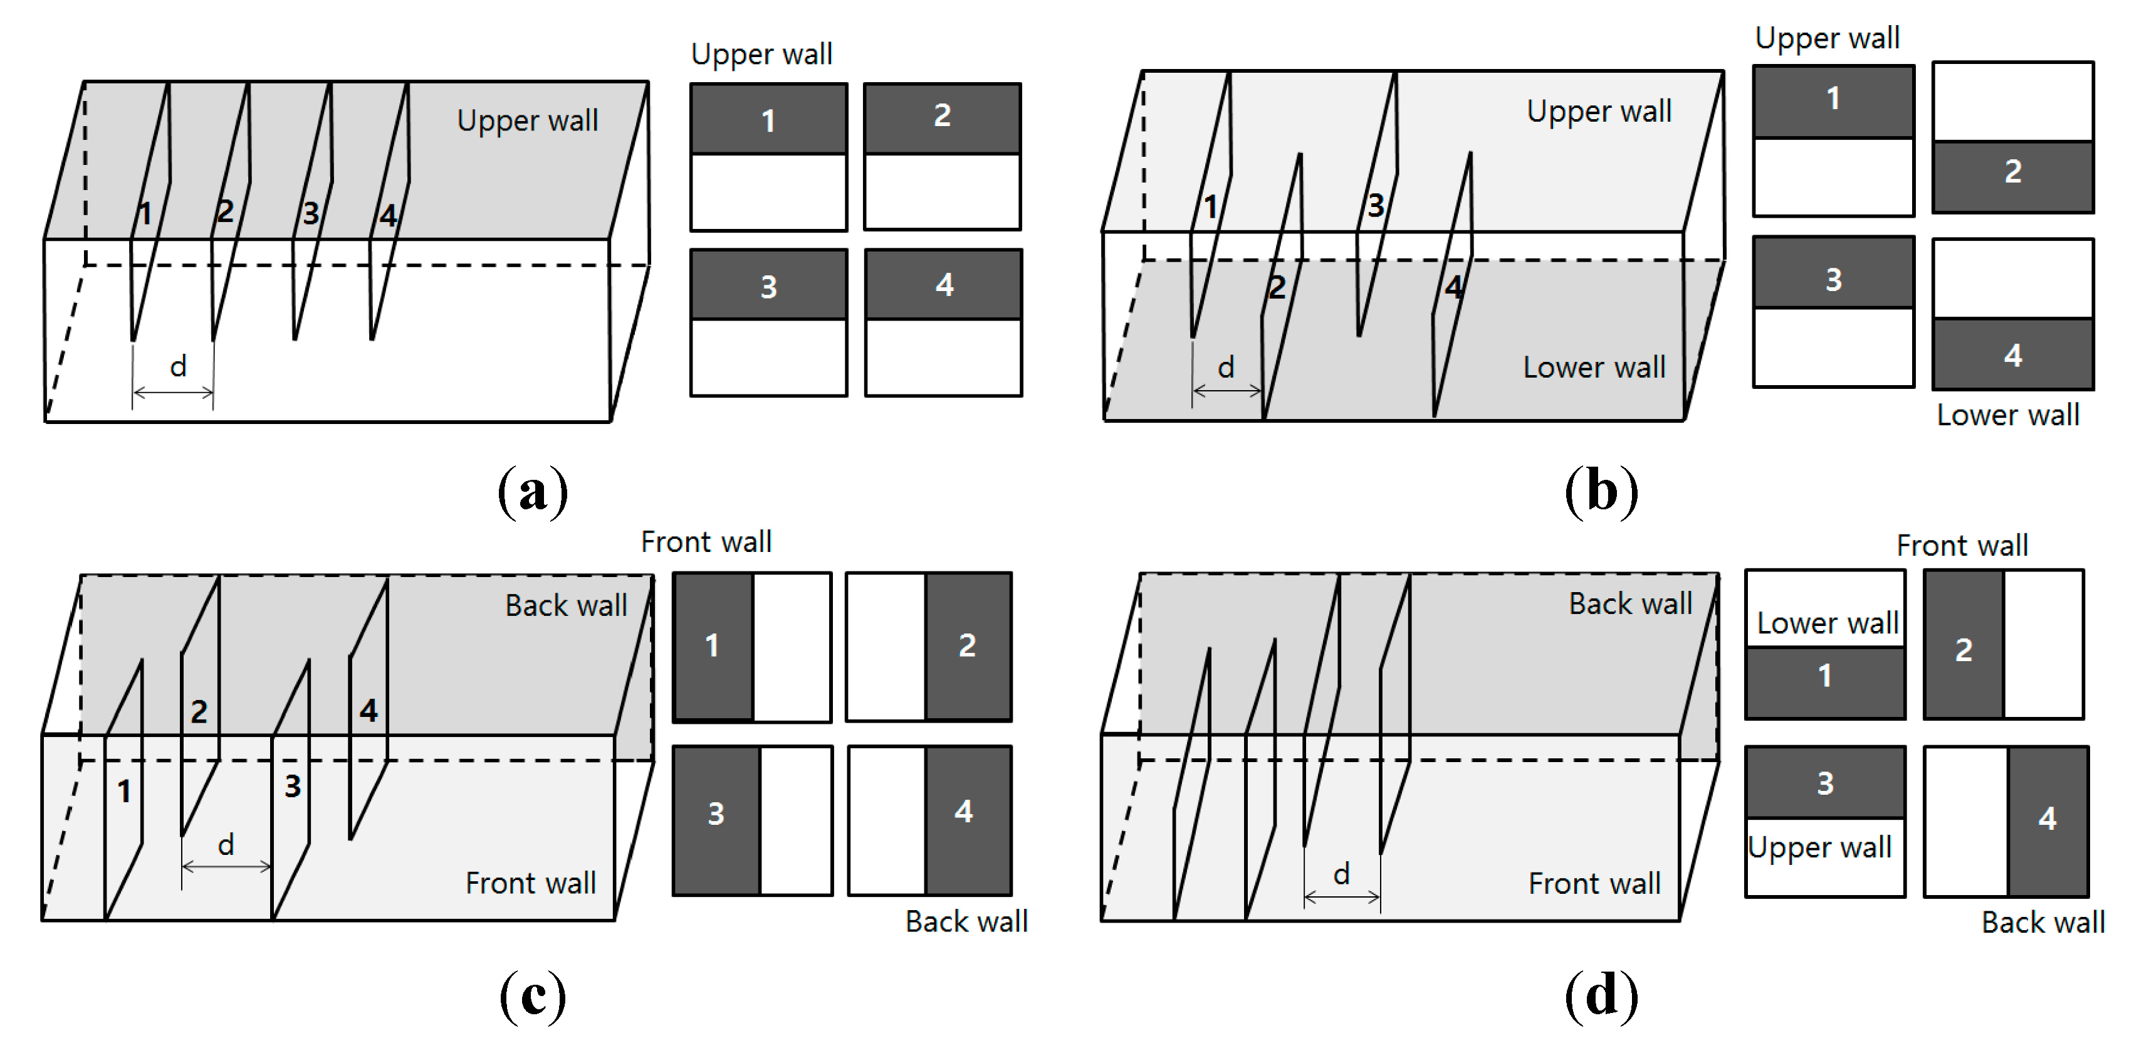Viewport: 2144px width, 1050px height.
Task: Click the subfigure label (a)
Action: pos(533,491)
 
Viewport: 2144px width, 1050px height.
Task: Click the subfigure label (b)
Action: pos(1601,491)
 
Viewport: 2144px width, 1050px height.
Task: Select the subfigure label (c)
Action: pos(533,996)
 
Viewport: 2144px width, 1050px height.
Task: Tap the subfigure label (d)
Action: pos(1601,996)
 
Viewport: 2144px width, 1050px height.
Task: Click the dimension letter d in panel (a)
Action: pos(178,366)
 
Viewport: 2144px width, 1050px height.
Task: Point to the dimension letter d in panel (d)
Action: pos(1341,874)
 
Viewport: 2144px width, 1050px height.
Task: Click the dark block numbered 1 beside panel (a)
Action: pos(768,120)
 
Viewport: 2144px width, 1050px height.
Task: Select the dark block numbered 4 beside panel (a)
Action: pos(943,285)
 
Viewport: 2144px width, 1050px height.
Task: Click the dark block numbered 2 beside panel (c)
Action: pos(967,645)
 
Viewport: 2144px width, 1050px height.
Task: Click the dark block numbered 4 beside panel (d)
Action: pos(2047,820)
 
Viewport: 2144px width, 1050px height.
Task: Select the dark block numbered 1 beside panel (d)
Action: pos(1824,681)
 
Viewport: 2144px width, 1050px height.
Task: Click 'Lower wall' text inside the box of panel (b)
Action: pos(1593,367)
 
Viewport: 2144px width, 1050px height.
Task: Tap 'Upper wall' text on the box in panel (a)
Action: pos(527,120)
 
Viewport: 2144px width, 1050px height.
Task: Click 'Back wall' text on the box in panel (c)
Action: pos(566,605)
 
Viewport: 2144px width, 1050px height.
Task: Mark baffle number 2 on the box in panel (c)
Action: pos(198,712)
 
